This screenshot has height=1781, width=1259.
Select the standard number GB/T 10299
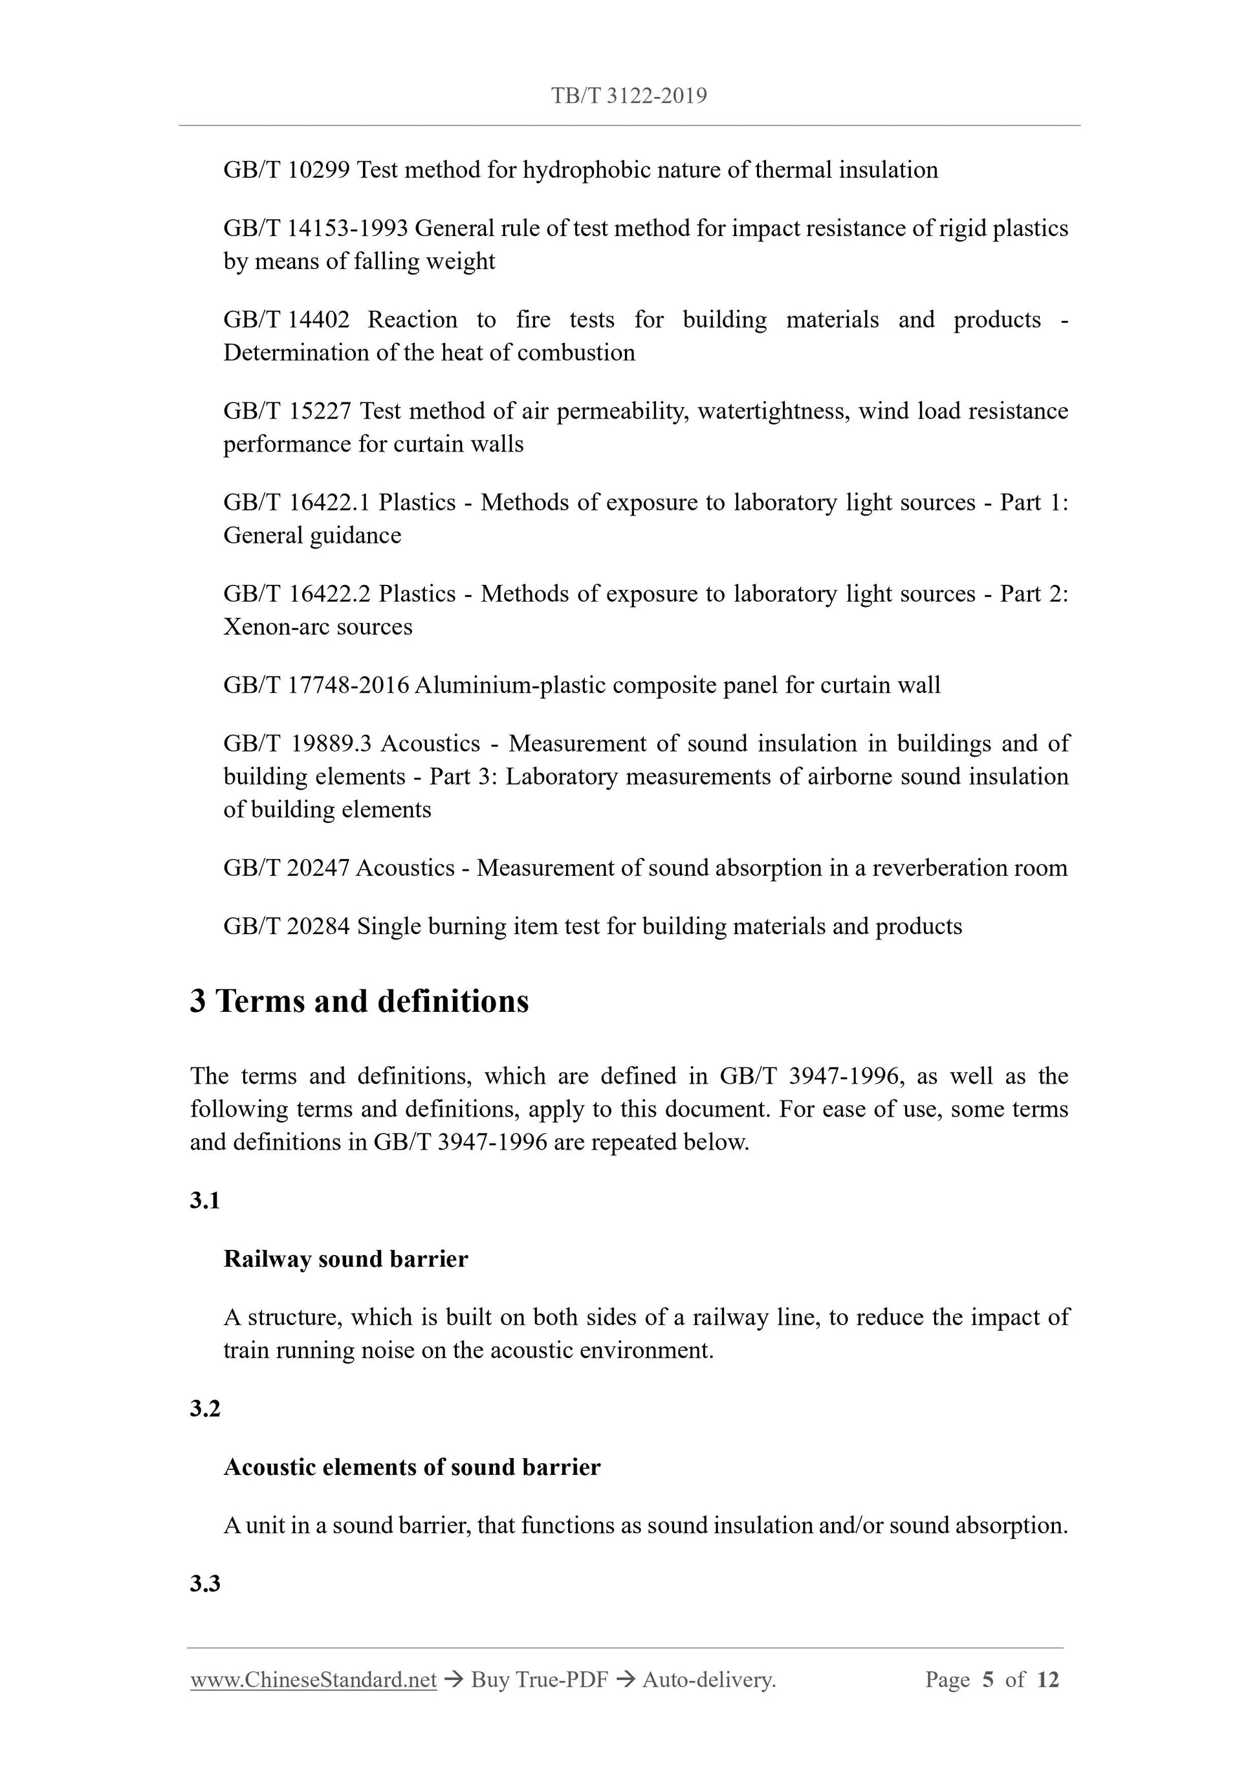[286, 170]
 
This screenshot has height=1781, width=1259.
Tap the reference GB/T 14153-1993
[316, 228]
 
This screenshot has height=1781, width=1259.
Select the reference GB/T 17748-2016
[316, 685]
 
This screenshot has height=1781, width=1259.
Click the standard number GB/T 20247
[286, 868]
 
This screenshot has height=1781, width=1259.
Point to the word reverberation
[940, 868]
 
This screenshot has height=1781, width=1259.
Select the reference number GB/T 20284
[286, 926]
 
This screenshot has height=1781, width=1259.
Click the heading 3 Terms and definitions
[359, 1001]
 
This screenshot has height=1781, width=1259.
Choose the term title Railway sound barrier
[345, 1258]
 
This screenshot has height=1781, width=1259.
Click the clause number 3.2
[205, 1408]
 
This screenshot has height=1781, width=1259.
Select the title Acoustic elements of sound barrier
[412, 1467]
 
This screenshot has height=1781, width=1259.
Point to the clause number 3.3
[205, 1583]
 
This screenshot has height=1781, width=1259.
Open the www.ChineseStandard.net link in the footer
[313, 1680]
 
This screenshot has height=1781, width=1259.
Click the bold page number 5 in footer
[987, 1680]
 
